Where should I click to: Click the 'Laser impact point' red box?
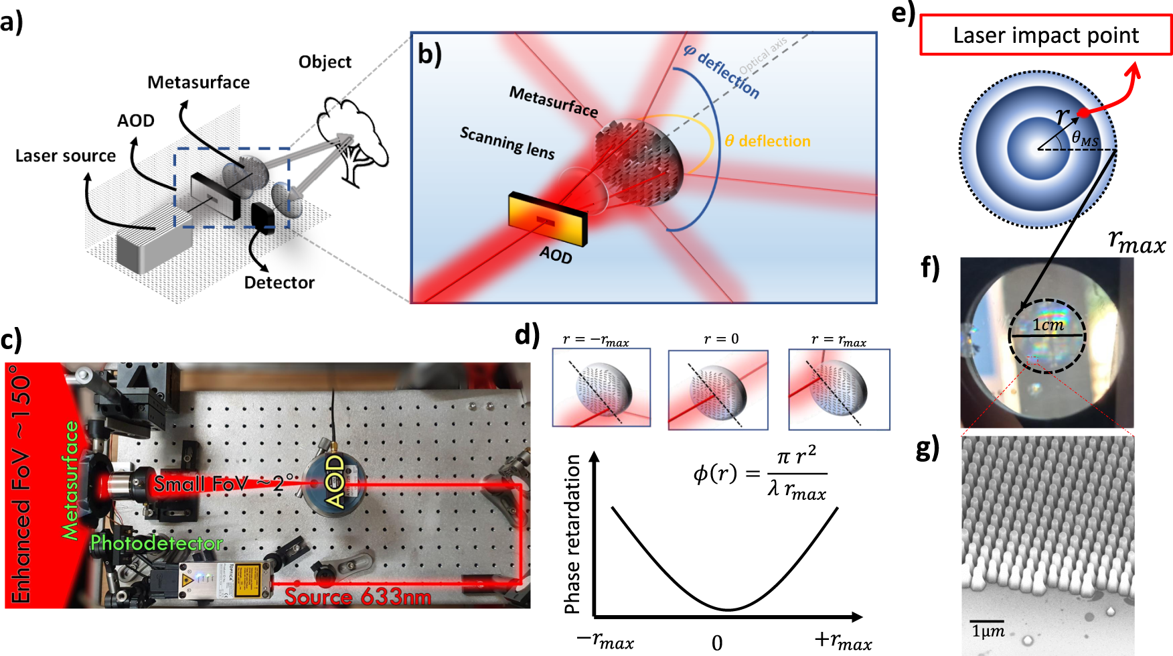pos(1046,35)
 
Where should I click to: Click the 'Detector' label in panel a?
pos(279,283)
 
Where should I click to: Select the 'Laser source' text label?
pos(66,156)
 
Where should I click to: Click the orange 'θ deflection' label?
pos(768,141)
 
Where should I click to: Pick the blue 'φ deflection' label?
pos(722,71)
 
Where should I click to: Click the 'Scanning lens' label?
pos(507,142)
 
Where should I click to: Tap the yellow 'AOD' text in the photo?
pos(334,482)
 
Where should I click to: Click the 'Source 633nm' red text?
pos(358,596)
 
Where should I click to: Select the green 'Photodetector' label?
pos(157,543)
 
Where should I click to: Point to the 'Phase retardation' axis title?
pos(572,534)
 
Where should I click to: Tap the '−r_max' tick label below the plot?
pos(605,641)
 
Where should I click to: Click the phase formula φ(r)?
pos(761,474)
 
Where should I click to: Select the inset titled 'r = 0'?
pos(718,389)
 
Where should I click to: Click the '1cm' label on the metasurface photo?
pos(1048,325)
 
